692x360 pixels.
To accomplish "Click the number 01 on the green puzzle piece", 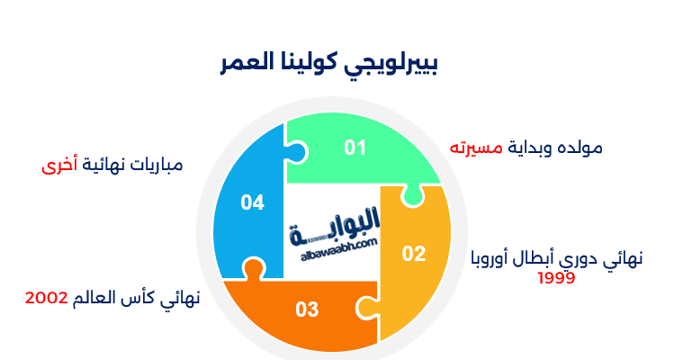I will (x=356, y=148).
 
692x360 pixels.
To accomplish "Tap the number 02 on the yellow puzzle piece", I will (x=413, y=254).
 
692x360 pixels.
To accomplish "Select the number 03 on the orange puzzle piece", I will (x=308, y=310).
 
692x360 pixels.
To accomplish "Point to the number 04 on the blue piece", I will (x=253, y=202).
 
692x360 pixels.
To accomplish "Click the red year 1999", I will (x=556, y=277).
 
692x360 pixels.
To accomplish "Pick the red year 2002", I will (x=47, y=298).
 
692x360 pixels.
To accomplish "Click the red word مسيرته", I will (x=474, y=147).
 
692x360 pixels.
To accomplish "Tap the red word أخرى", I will (x=60, y=166).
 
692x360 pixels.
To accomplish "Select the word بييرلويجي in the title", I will (x=396, y=65).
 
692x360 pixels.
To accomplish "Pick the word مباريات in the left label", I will (x=157, y=166).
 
